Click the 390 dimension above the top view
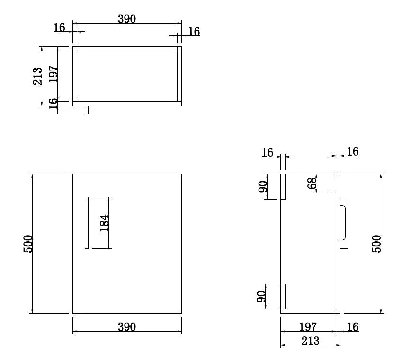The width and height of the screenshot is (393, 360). [x=127, y=19]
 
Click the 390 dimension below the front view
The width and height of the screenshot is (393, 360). [x=127, y=327]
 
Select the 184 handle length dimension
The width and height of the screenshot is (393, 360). [x=105, y=222]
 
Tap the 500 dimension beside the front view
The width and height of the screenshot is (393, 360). [x=28, y=244]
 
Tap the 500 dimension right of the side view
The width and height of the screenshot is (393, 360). [x=376, y=244]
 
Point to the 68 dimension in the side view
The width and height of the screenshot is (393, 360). [x=312, y=184]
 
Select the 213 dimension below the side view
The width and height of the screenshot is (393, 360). [x=310, y=341]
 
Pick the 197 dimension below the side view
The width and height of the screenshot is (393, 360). [x=308, y=327]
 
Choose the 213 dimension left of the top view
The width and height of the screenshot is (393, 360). [x=38, y=76]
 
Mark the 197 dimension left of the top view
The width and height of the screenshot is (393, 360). [x=53, y=74]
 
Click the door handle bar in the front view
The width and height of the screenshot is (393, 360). [x=86, y=222]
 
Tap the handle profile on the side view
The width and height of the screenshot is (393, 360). [x=344, y=222]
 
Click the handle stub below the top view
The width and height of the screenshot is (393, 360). [x=86, y=110]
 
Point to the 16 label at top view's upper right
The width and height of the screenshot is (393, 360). [x=194, y=32]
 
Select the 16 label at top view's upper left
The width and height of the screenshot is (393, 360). [x=59, y=27]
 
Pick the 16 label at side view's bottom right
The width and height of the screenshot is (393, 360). [x=353, y=327]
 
